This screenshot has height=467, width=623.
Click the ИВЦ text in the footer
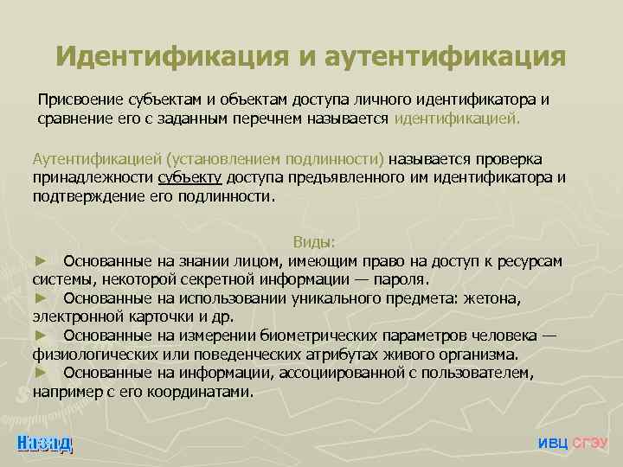click(x=553, y=443)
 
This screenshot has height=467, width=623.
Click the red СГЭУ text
click(x=590, y=443)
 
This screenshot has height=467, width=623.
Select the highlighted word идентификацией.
click(x=458, y=118)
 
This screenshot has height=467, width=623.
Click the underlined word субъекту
click(x=190, y=178)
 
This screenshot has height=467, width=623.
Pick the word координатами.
click(x=200, y=392)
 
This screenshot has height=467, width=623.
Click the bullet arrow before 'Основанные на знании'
click(x=39, y=261)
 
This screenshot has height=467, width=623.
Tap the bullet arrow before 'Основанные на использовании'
click(x=39, y=298)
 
